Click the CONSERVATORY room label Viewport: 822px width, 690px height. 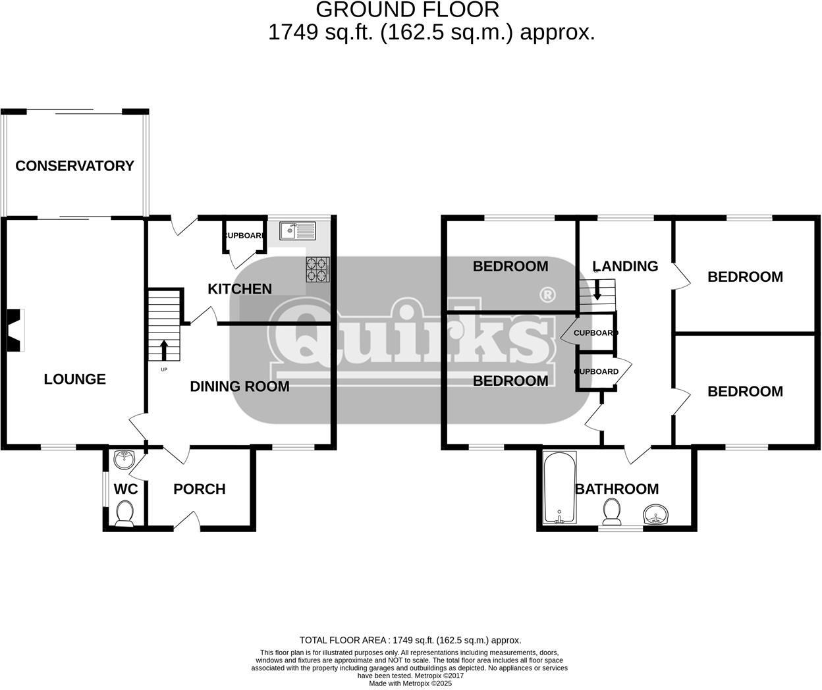coord(74,166)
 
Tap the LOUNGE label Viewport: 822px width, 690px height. coord(74,379)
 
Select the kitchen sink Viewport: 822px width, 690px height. coord(297,231)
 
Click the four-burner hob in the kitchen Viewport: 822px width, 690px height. coord(317,269)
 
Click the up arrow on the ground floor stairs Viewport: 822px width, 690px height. coord(164,349)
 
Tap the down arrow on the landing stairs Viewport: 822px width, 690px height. coord(597,290)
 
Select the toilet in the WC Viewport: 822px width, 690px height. coord(124,513)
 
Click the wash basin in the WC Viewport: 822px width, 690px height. coord(123,459)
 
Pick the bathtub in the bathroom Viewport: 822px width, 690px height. coord(559,488)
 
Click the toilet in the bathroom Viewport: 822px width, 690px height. coord(612,511)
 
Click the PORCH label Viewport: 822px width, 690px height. coord(199,489)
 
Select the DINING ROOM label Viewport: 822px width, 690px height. coord(240,386)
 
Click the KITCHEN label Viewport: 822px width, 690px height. coord(240,289)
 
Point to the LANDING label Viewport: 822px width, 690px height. coord(624,266)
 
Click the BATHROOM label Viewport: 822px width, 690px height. coord(616,489)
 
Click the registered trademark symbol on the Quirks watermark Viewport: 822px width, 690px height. coord(546,295)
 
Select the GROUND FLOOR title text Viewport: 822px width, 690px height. coord(408,10)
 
